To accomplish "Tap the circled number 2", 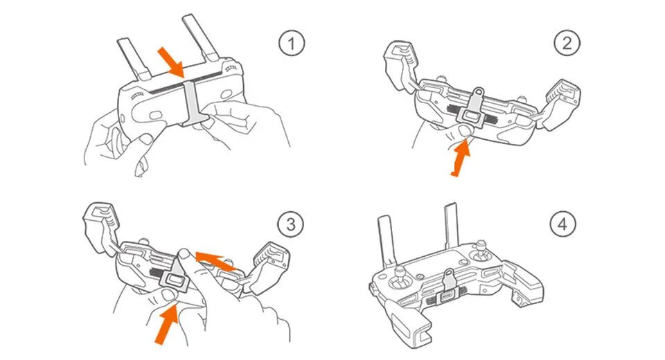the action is coord(567,44).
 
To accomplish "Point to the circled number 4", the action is coord(562,224).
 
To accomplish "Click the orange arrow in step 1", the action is coord(170,61).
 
